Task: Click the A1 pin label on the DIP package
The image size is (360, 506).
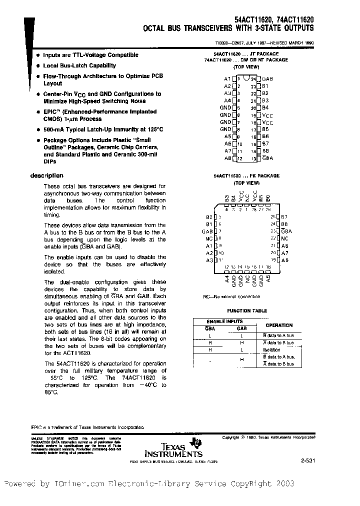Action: [227, 79]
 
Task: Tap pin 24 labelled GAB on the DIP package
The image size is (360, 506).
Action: [267, 79]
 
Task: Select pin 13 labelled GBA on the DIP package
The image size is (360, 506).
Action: [267, 158]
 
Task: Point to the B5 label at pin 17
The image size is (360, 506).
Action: [265, 129]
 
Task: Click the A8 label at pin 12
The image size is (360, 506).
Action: [227, 158]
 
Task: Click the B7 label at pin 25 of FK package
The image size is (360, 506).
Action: [284, 217]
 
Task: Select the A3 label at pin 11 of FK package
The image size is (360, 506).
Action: [209, 260]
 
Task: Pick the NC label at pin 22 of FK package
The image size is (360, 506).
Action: [284, 238]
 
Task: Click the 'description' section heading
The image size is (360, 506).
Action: [47, 175]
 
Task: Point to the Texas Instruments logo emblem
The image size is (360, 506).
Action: [198, 441]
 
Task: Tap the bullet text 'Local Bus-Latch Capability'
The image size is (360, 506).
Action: [79, 65]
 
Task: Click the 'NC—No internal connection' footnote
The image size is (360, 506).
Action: [231, 296]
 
